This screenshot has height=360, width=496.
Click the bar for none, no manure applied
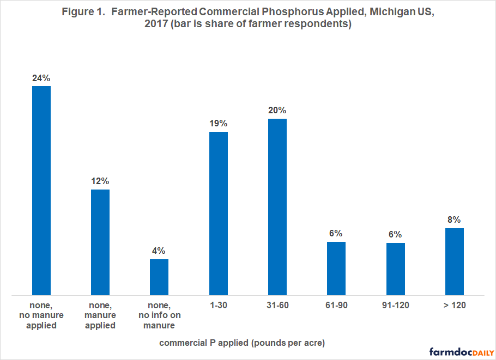(41, 191)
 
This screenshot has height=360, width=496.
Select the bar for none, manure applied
(100, 242)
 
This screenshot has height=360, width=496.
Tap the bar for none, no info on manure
(159, 277)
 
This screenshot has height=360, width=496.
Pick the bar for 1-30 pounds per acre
(218, 213)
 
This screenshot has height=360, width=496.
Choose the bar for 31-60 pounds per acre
(277, 207)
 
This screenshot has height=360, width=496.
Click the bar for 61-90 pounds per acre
(336, 269)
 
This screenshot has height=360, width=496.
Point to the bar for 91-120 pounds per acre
(395, 269)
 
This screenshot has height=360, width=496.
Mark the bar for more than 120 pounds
(454, 261)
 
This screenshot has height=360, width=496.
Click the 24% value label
(41, 77)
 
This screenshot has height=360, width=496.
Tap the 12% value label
(100, 181)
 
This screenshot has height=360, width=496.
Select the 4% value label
(159, 251)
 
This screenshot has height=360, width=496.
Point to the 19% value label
(218, 123)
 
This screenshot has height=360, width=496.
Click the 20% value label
(277, 110)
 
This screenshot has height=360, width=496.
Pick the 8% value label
(454, 220)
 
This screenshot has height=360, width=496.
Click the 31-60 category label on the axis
(277, 305)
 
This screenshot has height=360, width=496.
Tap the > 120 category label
(454, 305)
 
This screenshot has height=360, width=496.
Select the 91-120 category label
(395, 305)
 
